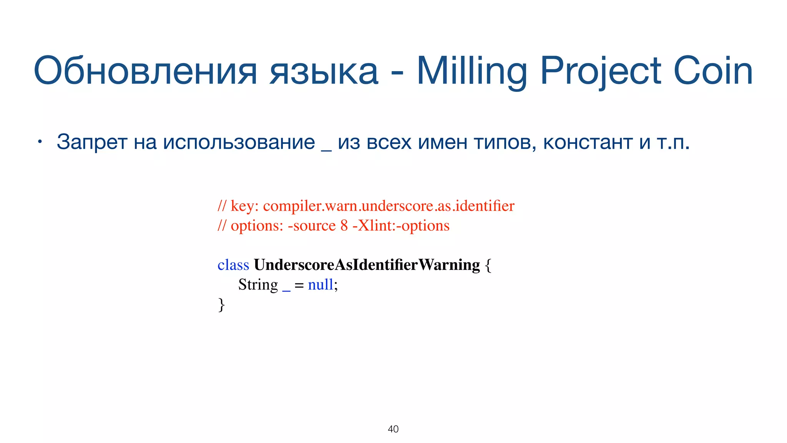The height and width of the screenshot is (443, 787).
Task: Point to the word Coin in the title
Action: coord(713,71)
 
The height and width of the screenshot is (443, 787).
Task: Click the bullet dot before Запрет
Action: coord(39,142)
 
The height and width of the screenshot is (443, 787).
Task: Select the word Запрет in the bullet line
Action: coord(92,142)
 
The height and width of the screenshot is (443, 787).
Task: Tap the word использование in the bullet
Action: coord(239,142)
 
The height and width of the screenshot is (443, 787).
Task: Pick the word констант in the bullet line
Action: coord(588,142)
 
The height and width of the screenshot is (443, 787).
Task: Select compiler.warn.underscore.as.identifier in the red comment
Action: coord(389,206)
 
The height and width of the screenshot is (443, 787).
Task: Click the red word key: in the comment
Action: coord(244,207)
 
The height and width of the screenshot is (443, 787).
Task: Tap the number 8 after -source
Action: coord(344,226)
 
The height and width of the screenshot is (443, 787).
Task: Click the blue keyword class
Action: coord(233,265)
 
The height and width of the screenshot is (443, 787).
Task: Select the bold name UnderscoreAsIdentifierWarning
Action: coord(367,265)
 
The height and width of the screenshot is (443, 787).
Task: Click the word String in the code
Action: coord(258,285)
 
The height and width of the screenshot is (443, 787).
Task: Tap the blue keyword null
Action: coord(320,285)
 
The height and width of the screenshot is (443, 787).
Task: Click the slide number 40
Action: coord(393,429)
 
